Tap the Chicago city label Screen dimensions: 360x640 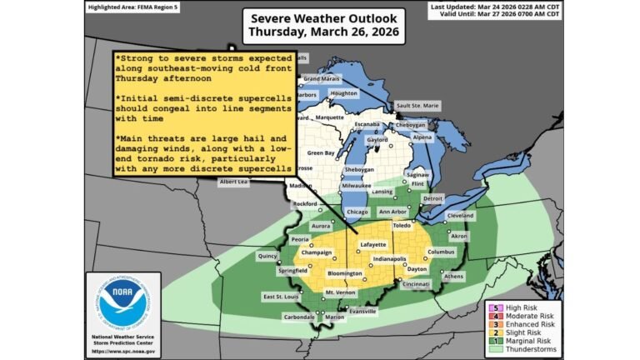[x=357, y=212]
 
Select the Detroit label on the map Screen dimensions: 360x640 [x=432, y=198]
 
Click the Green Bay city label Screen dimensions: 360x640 [x=321, y=153]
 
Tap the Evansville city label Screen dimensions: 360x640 [x=362, y=311]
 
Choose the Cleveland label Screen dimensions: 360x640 [x=460, y=215]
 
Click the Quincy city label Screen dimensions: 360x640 [x=268, y=257]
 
